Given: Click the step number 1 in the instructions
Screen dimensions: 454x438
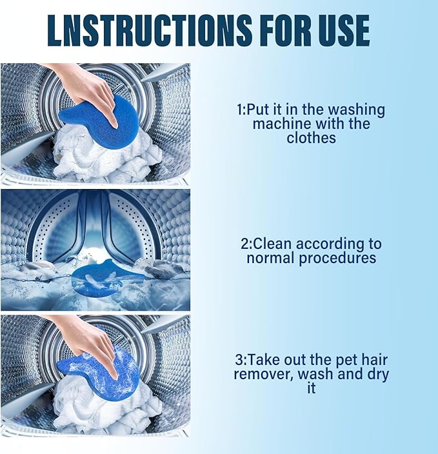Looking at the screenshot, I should click(240, 110).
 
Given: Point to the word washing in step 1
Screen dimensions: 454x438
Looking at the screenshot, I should click(358, 110).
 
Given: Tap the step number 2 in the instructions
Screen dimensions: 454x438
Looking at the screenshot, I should click(244, 244).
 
